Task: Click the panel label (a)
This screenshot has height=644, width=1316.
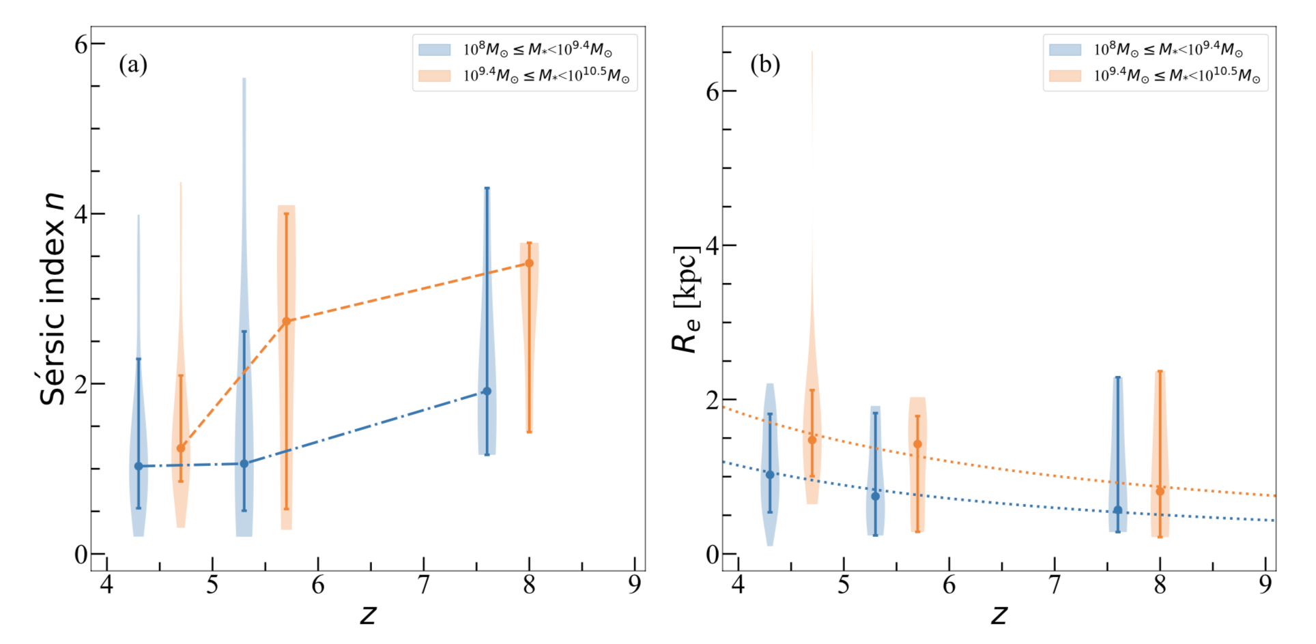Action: (x=133, y=65)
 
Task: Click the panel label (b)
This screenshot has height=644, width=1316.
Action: (x=764, y=65)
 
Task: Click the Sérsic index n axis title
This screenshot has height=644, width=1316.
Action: (x=53, y=299)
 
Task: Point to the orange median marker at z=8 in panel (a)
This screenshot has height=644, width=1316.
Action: (x=529, y=263)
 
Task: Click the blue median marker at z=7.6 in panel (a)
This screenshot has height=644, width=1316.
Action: (x=487, y=391)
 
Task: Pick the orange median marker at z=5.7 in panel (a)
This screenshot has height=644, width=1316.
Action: (x=287, y=321)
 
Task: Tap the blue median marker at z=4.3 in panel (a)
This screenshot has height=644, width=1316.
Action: (x=139, y=467)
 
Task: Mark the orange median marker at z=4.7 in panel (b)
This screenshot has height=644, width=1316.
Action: (x=812, y=440)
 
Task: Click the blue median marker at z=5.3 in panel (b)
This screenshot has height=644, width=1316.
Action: (x=876, y=496)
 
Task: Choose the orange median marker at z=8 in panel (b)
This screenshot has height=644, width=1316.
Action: (x=1160, y=491)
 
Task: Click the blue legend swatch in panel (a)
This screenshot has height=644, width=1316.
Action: (x=435, y=50)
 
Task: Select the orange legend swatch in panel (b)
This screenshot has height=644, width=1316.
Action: (x=1065, y=75)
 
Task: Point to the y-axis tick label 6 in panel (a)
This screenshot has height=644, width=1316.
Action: (x=81, y=44)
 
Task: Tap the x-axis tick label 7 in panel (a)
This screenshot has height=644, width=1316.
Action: (x=424, y=585)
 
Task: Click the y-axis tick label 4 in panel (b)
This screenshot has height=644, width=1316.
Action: (x=713, y=246)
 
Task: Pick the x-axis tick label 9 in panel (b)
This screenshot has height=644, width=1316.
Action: (x=1265, y=585)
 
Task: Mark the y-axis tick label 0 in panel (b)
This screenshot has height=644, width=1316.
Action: (x=713, y=555)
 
